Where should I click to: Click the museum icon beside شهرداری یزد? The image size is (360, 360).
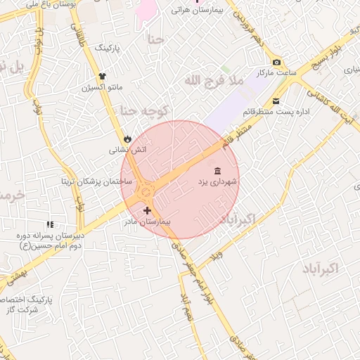216,172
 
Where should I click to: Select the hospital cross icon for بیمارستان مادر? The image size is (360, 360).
147,210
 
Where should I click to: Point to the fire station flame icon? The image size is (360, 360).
127,139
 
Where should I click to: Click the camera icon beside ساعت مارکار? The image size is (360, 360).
276,62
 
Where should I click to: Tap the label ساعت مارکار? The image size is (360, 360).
275,72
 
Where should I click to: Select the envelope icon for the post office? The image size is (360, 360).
276,101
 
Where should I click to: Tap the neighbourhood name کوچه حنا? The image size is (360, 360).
143,110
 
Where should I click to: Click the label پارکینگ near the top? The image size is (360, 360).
108,48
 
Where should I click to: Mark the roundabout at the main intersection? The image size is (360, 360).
146,189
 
